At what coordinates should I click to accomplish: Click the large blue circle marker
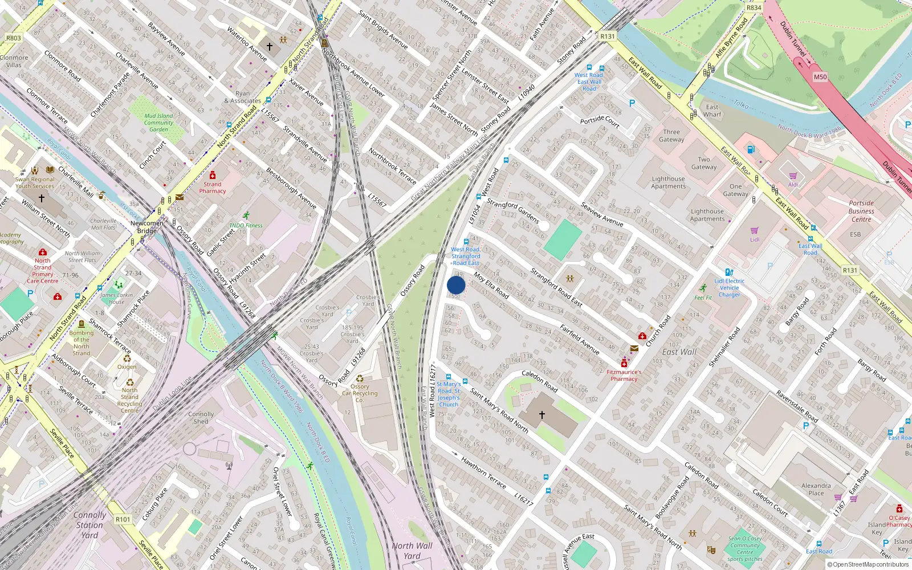456,285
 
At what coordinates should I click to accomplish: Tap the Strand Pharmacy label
213,188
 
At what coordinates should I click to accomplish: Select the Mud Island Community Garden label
158,123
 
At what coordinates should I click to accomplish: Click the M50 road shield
820,77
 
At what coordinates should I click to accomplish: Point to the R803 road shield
13,38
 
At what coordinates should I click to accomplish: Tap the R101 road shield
123,519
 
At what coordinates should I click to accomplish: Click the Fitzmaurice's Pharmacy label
624,375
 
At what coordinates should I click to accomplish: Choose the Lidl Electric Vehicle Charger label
730,288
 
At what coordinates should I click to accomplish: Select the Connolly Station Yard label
89,525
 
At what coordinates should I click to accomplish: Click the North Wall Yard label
412,551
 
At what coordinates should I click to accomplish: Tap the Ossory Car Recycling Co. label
360,393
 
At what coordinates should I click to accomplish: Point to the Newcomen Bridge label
147,227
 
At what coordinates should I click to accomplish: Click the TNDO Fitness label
246,225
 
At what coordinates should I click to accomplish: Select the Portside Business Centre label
861,211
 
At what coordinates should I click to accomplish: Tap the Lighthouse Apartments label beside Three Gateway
669,182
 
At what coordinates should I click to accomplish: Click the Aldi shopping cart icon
793,176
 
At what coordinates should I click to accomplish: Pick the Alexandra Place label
816,489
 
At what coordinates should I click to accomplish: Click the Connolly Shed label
201,418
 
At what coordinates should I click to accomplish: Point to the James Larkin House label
116,298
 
